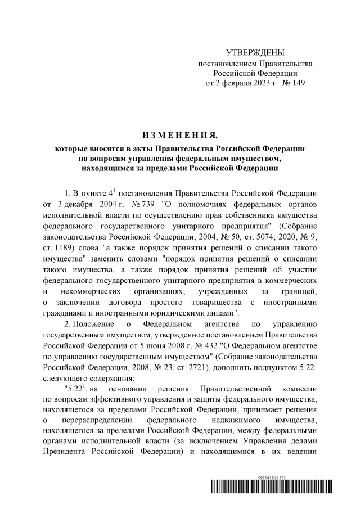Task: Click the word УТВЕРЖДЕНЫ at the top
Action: (x=255, y=52)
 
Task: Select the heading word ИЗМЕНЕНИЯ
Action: (x=179, y=136)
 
